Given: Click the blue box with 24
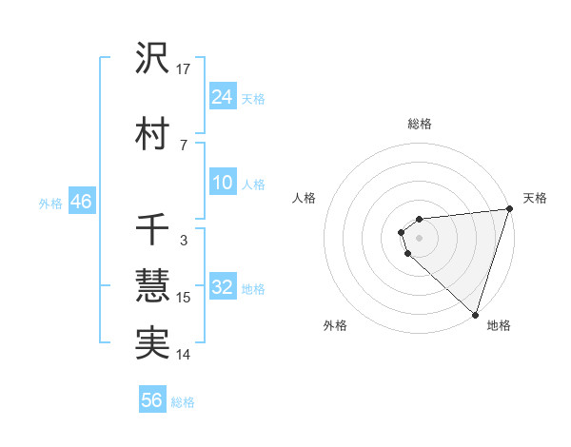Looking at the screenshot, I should point(223,96).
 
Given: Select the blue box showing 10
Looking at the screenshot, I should point(223,183).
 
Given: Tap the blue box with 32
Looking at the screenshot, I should point(223,287).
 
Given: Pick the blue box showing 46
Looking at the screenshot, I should point(80,202).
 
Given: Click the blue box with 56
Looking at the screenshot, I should point(152,400).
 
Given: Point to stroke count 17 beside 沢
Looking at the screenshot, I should point(185,68).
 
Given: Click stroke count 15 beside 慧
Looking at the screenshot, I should point(185,298).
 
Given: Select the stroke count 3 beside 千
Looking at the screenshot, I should point(183,241).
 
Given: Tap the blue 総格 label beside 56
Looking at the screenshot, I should point(184,402).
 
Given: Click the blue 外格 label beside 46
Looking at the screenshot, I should point(50,203).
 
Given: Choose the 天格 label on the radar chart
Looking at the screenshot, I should point(535,198).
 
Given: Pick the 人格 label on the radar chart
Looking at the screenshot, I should point(305,198).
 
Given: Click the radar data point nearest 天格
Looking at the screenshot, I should point(509,210).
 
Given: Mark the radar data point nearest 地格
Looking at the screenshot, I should point(475,314).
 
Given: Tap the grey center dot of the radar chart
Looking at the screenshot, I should point(419,238).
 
